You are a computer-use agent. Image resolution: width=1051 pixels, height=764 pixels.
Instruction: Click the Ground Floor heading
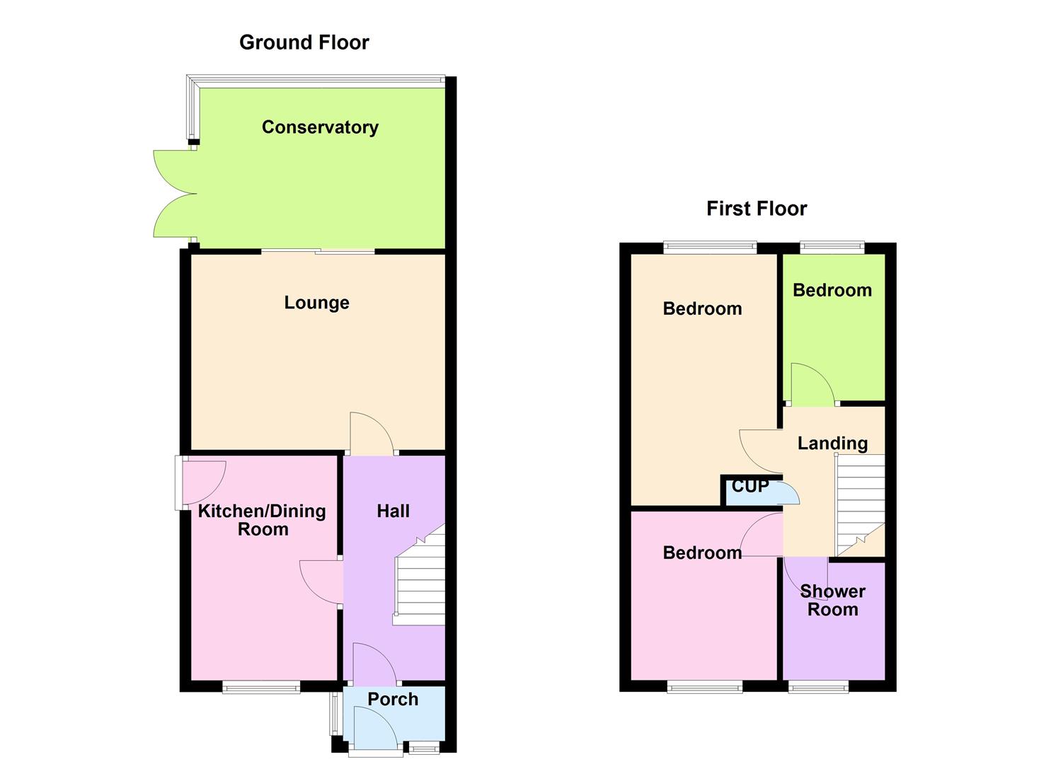coord(304,42)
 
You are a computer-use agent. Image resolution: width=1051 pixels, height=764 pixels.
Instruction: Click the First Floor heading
coord(756,209)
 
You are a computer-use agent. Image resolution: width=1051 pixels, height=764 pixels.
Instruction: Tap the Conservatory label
coord(320,127)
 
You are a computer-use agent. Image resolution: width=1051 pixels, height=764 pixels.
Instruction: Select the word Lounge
coord(316,303)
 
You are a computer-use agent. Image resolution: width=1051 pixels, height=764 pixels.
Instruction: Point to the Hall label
coord(393,511)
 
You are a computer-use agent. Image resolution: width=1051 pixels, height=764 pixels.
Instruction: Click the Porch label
coord(393,699)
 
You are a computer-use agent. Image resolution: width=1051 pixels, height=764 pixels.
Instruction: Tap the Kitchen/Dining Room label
coord(262,520)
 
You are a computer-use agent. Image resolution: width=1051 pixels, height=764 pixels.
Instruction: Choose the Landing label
coord(832,444)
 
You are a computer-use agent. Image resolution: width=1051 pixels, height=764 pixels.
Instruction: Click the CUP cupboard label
coord(750,487)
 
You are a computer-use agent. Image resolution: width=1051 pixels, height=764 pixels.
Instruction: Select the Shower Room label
coord(832,600)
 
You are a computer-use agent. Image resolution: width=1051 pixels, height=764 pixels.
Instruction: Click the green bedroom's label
coord(832,290)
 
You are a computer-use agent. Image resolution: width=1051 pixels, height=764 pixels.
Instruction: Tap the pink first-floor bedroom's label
coord(702,552)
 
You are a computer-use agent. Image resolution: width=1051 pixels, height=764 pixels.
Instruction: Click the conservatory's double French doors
coord(173,193)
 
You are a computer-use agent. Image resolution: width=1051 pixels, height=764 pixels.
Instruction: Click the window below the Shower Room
coord(818,686)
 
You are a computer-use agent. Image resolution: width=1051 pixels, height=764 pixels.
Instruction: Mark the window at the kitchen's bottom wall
coord(261,686)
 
